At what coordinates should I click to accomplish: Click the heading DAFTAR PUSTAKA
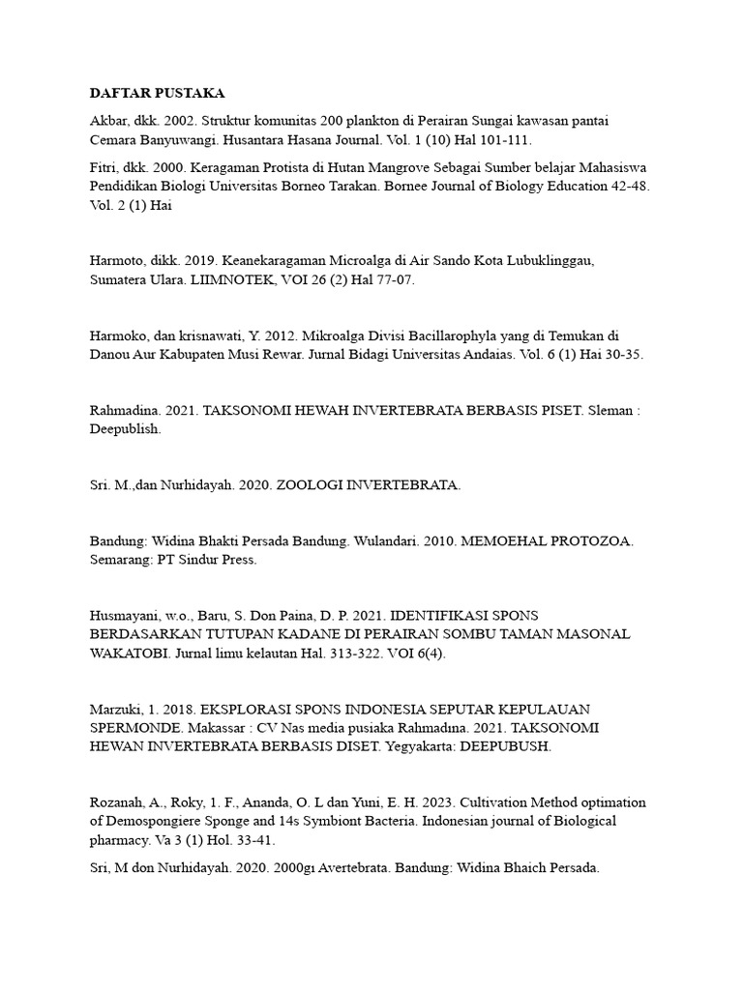[x=157, y=93]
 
